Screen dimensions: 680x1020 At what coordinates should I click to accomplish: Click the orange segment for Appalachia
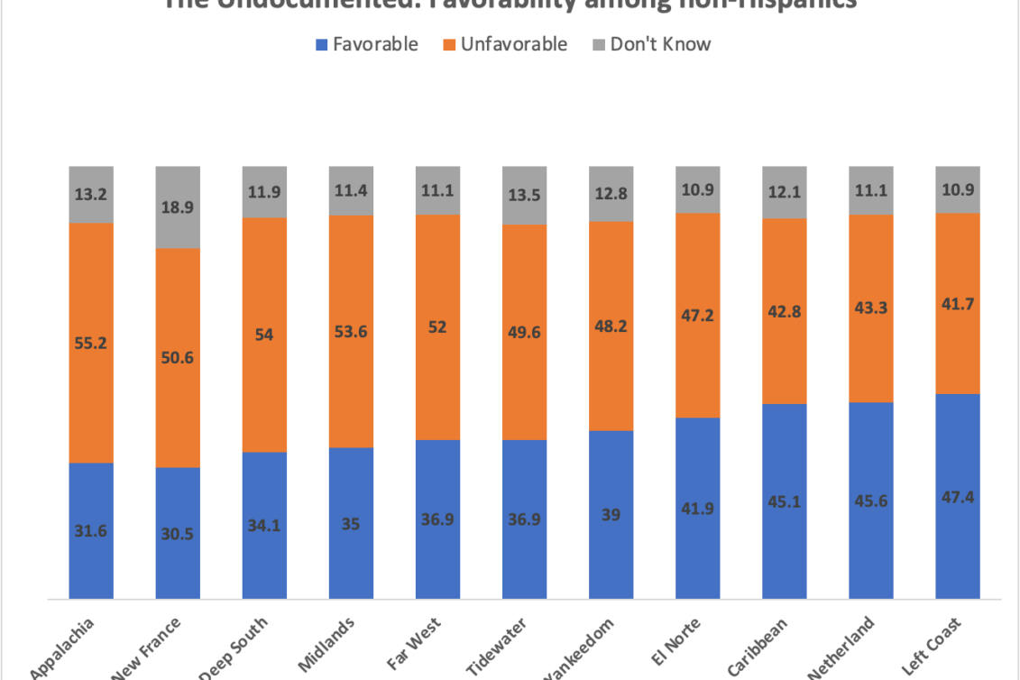[x=91, y=343]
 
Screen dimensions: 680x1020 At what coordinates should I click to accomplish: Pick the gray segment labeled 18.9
[x=178, y=207]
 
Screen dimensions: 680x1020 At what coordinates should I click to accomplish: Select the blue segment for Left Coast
[x=958, y=495]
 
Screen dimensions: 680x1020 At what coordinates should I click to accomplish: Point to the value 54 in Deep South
[x=265, y=334]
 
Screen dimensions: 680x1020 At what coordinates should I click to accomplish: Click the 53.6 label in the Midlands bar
[x=352, y=331]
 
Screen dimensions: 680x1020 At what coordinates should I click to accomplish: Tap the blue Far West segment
[x=438, y=519]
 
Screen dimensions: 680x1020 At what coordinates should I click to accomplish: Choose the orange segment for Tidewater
[x=525, y=331]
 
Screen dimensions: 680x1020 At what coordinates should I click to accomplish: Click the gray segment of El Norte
[x=698, y=189]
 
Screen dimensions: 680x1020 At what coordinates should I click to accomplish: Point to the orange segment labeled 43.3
[x=871, y=308]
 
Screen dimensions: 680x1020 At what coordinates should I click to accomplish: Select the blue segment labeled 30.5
[x=178, y=532]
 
